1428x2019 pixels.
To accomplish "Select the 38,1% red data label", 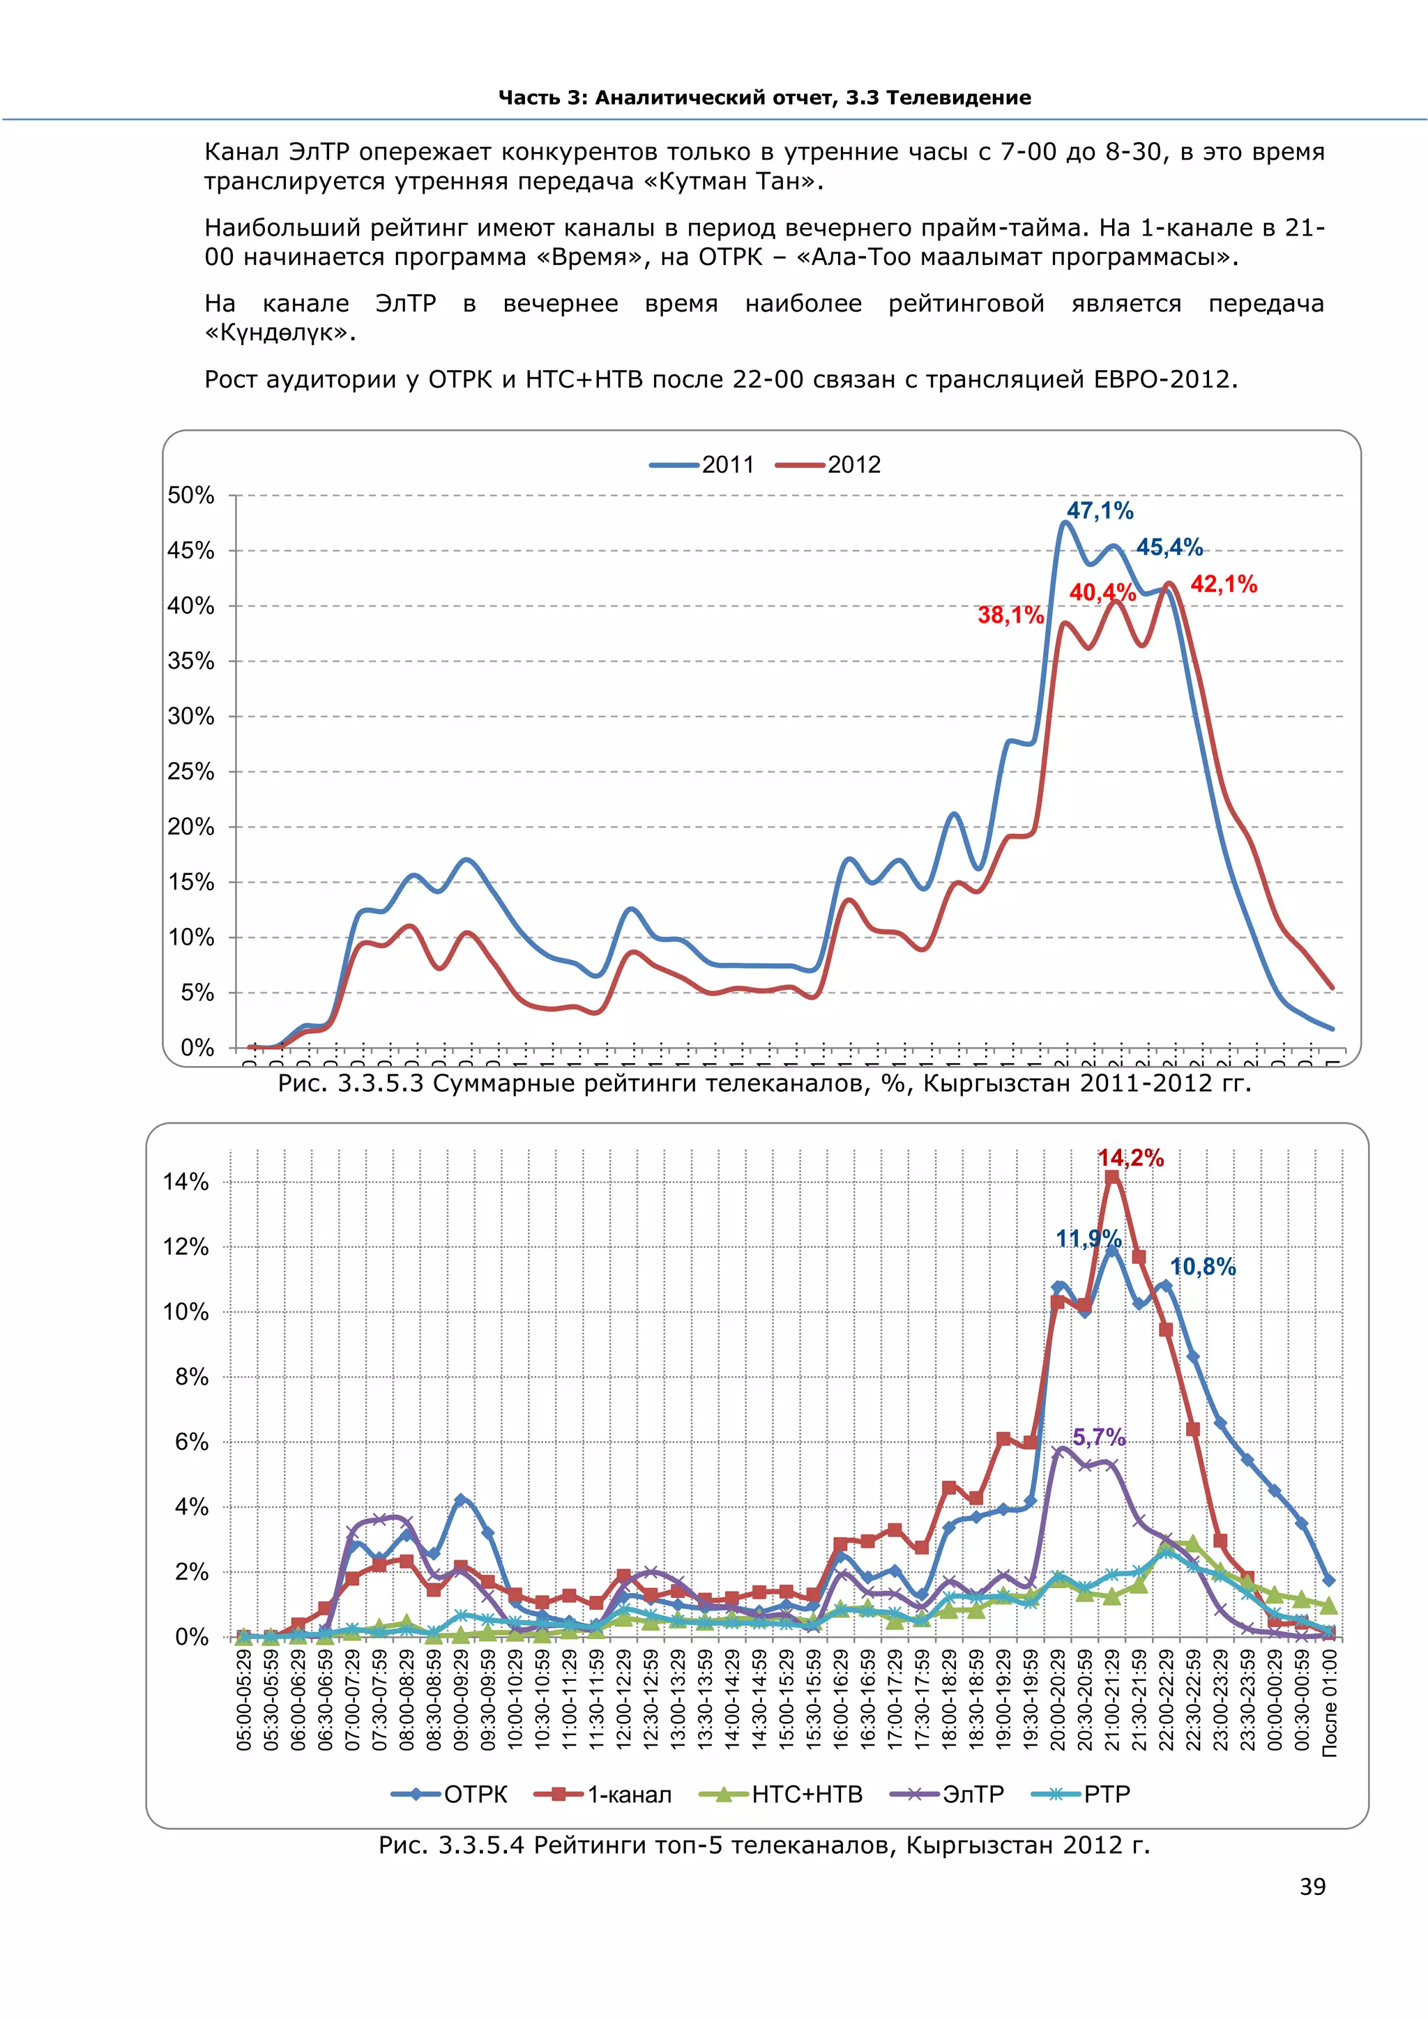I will [x=1010, y=616].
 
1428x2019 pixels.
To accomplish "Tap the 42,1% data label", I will [x=1223, y=585].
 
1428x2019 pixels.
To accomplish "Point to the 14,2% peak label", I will [x=1131, y=1158].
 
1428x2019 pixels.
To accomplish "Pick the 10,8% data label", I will [x=1202, y=1267].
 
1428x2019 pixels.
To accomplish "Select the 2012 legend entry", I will [x=828, y=465].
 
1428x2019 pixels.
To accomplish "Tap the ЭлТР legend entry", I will [x=947, y=1795].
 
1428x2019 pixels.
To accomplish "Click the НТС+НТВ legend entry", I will [x=782, y=1795].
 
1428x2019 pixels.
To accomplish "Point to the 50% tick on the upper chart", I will [x=191, y=496].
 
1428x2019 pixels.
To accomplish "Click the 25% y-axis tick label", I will [x=191, y=772].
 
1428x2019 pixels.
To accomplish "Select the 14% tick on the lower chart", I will [x=185, y=1182].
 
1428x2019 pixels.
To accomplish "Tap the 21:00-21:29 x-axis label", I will [x=1112, y=1700].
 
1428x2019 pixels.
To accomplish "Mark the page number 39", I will [x=1312, y=1887].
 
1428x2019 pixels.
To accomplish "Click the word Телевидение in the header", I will [x=959, y=98].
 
